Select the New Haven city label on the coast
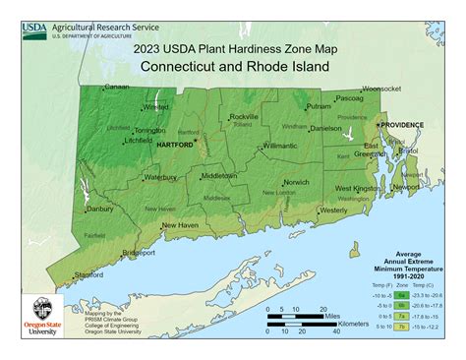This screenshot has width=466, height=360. [x=181, y=225]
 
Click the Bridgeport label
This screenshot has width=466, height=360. [x=137, y=253]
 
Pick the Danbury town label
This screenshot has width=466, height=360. [x=99, y=209]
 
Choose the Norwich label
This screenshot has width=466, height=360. [x=296, y=182]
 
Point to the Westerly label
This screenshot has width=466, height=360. [x=333, y=210]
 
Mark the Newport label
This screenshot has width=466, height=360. [x=406, y=186]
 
